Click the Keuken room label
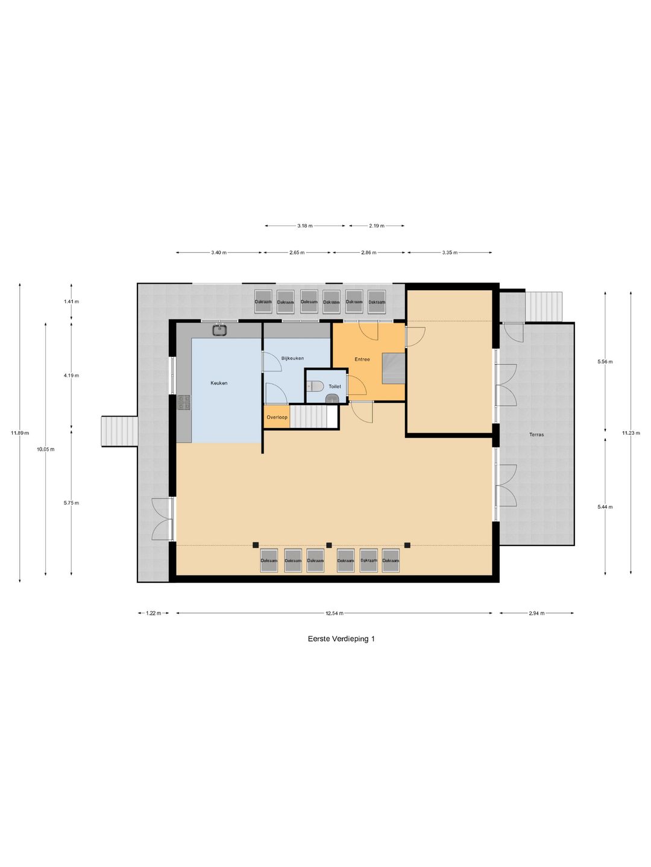(219, 383)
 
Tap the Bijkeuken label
(292, 358)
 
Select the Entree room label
(362, 359)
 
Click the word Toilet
(335, 387)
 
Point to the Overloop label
(277, 417)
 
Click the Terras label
(536, 435)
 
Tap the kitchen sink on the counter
(219, 329)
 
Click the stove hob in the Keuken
(184, 402)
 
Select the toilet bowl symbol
(316, 385)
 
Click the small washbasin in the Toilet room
(332, 399)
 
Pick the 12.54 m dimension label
(335, 613)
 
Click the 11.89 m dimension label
(20, 432)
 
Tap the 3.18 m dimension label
(305, 226)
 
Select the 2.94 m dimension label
(536, 613)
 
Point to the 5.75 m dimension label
(71, 503)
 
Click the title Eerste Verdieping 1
(341, 639)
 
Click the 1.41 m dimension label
(71, 302)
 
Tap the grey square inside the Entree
(393, 368)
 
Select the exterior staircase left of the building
(119, 431)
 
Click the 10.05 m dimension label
(46, 449)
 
